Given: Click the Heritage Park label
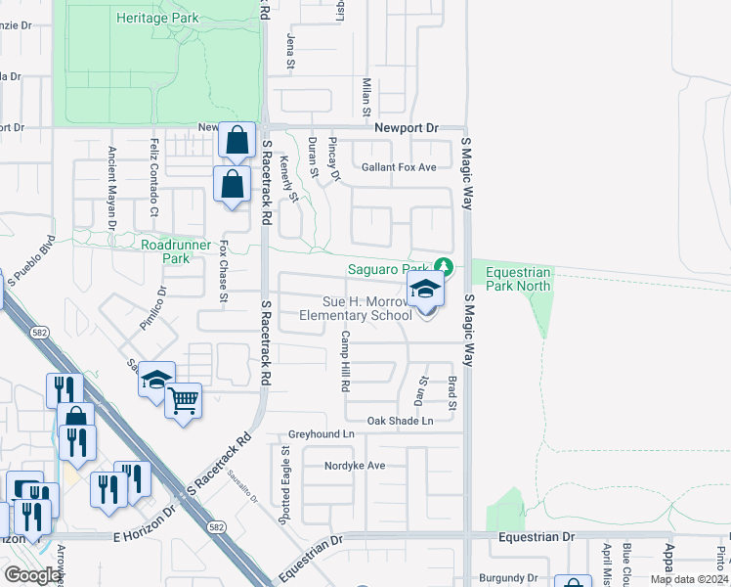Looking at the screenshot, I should click(x=157, y=18).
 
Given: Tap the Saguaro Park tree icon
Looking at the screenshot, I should click(x=444, y=266).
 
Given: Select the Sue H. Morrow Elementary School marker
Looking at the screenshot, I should click(x=425, y=291).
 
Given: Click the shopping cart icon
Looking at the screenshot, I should click(x=184, y=400).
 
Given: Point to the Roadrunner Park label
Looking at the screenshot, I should click(x=163, y=251).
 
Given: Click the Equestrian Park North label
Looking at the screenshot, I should click(x=512, y=279).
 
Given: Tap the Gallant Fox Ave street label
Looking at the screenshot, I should click(x=398, y=167).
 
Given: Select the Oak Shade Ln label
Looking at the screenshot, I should click(x=400, y=421).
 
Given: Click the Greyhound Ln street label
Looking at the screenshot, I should click(x=321, y=433).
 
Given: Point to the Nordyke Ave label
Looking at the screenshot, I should click(x=356, y=466).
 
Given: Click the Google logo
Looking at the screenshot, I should click(x=32, y=574).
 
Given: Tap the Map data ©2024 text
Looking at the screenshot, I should click(x=689, y=579).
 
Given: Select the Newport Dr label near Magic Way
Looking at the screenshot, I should click(x=408, y=128).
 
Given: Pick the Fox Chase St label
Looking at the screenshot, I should click(x=223, y=272).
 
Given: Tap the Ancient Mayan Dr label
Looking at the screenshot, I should click(x=112, y=189).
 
